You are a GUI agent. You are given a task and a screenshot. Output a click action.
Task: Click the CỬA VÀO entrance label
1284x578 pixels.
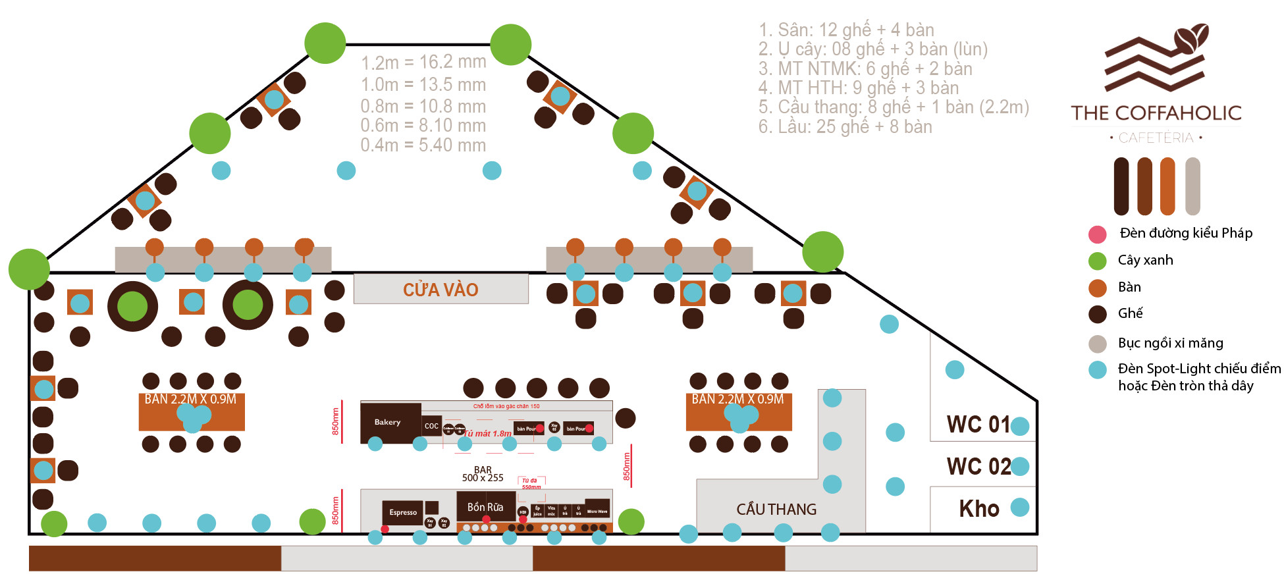point(441,289)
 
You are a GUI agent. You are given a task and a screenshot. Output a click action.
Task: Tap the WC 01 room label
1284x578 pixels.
point(978,425)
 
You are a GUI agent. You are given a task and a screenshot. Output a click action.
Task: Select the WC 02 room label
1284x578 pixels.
point(978,466)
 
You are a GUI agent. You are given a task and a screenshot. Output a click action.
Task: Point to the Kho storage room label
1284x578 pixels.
point(979,508)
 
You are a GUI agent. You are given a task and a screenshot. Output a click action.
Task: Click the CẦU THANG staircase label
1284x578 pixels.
point(776,510)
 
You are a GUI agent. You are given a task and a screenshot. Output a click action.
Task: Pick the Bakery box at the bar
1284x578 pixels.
point(388,423)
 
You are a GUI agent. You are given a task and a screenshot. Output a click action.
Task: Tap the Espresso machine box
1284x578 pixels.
point(403,512)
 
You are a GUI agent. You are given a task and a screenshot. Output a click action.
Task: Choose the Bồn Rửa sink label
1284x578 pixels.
point(485,507)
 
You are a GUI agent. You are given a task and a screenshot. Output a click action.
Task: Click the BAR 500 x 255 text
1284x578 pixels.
point(483,474)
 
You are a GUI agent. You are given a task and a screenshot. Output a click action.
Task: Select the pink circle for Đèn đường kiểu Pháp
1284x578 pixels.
point(1098,234)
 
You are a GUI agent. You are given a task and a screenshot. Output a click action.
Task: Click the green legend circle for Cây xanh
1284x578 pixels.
point(1098,261)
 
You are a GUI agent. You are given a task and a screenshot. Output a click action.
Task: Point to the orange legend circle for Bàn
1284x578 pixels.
point(1098,288)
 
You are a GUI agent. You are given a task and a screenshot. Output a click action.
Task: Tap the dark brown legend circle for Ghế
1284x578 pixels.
point(1098,314)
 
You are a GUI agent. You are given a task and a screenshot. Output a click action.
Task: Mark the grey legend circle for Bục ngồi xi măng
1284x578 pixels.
point(1098,343)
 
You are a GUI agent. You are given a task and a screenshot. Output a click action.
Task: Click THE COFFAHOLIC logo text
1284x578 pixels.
point(1156,113)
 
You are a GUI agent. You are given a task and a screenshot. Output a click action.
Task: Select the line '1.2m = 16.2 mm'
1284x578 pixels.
point(423,63)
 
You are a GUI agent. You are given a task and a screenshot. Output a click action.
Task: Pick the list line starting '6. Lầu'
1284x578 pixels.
point(845,126)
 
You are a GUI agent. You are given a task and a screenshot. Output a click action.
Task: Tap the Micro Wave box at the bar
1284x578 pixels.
point(597,510)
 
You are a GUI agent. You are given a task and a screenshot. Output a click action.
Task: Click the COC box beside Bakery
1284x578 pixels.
point(431,426)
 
